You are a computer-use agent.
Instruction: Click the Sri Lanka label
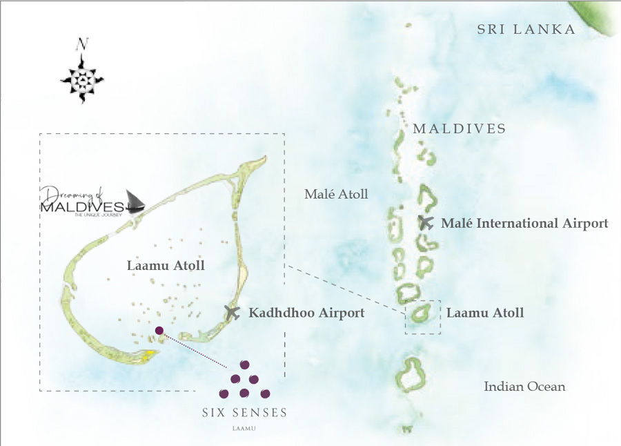[x=526, y=30]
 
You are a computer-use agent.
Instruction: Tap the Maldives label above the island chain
[x=459, y=129]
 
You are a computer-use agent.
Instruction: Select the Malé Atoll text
[x=337, y=194]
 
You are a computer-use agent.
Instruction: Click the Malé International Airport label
[x=524, y=224]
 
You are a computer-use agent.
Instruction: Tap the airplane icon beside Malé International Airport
[x=426, y=222]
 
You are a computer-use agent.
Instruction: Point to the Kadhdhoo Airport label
[x=306, y=313]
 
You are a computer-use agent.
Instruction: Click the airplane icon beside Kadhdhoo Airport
[x=233, y=312]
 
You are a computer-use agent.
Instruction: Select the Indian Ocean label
[x=524, y=387]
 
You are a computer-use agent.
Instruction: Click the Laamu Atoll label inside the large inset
[x=166, y=265]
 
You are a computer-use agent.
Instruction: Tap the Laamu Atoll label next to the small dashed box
[x=485, y=313]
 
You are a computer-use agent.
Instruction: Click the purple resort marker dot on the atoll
[x=159, y=331]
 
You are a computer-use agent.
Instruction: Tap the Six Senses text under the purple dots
[x=244, y=413]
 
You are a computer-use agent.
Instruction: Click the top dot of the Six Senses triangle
[x=244, y=365]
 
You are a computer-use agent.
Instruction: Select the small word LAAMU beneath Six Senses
[x=244, y=428]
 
